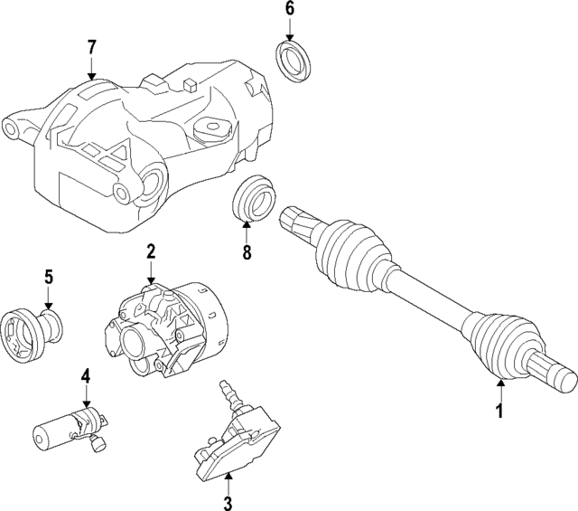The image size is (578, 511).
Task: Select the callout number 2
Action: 151,250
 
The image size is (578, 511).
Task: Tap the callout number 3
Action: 228,502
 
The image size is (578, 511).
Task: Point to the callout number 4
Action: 85,374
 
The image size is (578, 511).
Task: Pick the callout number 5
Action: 49,277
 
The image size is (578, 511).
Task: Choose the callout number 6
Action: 290,10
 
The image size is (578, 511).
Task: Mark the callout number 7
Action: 91,47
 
